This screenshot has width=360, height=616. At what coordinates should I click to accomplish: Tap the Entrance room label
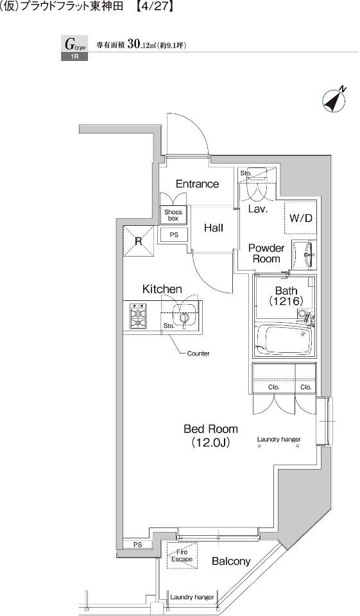(x=197, y=184)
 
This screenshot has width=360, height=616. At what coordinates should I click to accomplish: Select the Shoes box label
(x=173, y=215)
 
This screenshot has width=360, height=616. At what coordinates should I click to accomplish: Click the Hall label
(x=214, y=228)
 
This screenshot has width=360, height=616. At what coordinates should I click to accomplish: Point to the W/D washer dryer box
(x=301, y=218)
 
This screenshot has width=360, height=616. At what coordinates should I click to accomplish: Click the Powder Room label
(x=266, y=253)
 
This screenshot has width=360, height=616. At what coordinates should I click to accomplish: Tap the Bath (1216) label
(x=286, y=296)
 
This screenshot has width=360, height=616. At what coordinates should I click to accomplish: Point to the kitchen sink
(x=183, y=314)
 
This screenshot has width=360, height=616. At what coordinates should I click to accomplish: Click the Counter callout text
(x=198, y=354)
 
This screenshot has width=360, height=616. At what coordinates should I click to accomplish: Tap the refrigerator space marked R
(x=139, y=241)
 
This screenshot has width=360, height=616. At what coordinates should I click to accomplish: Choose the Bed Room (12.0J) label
(x=210, y=435)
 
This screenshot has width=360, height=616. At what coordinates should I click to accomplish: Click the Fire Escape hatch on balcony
(x=182, y=555)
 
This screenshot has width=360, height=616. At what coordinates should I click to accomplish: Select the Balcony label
(x=231, y=561)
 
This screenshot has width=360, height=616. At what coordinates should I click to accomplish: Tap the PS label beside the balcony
(x=137, y=545)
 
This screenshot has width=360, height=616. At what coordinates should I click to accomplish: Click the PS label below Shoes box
(x=174, y=235)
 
